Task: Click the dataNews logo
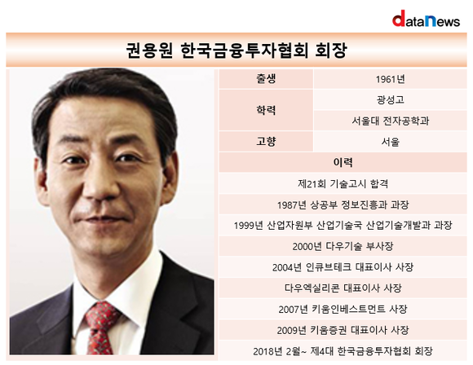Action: [x=426, y=19]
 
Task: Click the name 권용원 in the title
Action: [x=149, y=51]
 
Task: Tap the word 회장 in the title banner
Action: [x=331, y=51]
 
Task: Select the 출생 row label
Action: [x=266, y=79]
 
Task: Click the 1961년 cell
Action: [x=390, y=79]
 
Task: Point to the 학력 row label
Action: [x=266, y=110]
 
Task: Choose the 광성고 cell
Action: [x=390, y=99]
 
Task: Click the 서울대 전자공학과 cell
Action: [x=390, y=121]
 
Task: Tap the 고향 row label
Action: [x=266, y=142]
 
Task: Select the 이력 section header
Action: [x=343, y=162]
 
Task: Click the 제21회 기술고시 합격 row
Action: [x=343, y=183]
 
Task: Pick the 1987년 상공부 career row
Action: [x=343, y=205]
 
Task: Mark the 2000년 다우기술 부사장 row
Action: [x=343, y=246]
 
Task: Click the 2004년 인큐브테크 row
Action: [x=343, y=267]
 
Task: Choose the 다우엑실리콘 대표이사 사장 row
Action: [x=343, y=288]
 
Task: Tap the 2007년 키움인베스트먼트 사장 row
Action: [x=343, y=309]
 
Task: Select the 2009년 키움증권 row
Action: [x=343, y=330]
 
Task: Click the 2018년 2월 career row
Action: [x=343, y=351]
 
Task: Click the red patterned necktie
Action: [x=100, y=328]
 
